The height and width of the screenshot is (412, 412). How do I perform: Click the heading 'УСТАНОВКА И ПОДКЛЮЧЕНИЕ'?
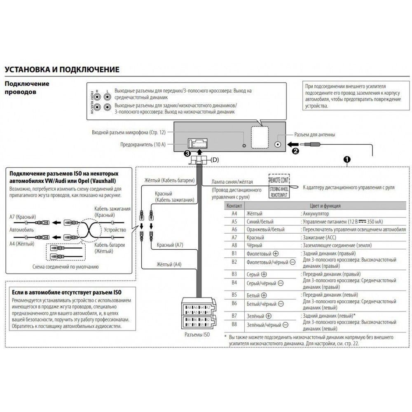pyautogui.click(x=62, y=69)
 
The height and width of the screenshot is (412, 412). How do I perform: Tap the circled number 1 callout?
pyautogui.click(x=347, y=159)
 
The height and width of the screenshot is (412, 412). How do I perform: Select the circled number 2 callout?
pyautogui.click(x=295, y=151)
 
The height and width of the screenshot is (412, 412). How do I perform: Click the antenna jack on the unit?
pyautogui.click(x=279, y=145)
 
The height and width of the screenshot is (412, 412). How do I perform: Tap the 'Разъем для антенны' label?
pyautogui.click(x=314, y=135)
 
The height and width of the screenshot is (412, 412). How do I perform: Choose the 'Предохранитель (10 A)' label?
pyautogui.click(x=143, y=145)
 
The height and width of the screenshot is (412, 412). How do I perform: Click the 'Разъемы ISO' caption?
pyautogui.click(x=198, y=335)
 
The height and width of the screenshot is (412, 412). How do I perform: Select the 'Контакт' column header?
pyautogui.click(x=234, y=206)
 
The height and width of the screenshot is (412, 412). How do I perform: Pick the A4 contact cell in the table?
pyautogui.click(x=234, y=214)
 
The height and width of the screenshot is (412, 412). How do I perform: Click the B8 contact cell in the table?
pyautogui.click(x=234, y=325)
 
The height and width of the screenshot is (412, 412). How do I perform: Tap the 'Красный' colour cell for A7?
pyautogui.click(x=255, y=238)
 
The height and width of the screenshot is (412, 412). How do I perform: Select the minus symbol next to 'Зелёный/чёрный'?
pyautogui.click(x=285, y=325)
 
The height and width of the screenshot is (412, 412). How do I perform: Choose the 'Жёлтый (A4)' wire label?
pyautogui.click(x=169, y=264)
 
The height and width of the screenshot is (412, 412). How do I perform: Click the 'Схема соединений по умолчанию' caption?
pyautogui.click(x=66, y=267)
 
